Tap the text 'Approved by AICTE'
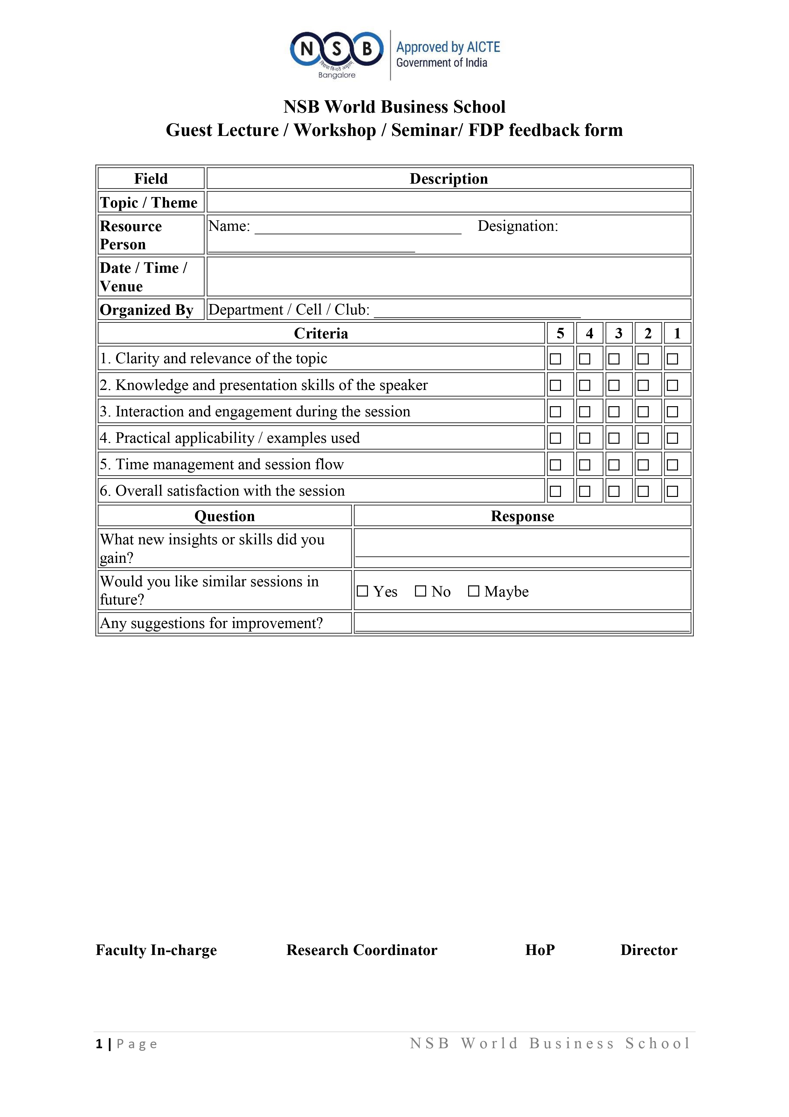point(448,47)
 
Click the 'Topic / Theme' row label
point(149,202)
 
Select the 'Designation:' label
point(518,226)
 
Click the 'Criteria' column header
point(321,334)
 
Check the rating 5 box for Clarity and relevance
point(555,359)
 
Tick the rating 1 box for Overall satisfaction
point(672,491)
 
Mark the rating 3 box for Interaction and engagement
point(614,412)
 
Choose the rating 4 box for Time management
point(585,465)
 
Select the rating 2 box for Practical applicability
point(643,438)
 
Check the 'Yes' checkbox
point(362,591)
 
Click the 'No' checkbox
point(420,591)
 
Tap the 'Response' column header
point(522,516)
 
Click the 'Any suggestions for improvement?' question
point(211,623)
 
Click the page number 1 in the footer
point(99,1044)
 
